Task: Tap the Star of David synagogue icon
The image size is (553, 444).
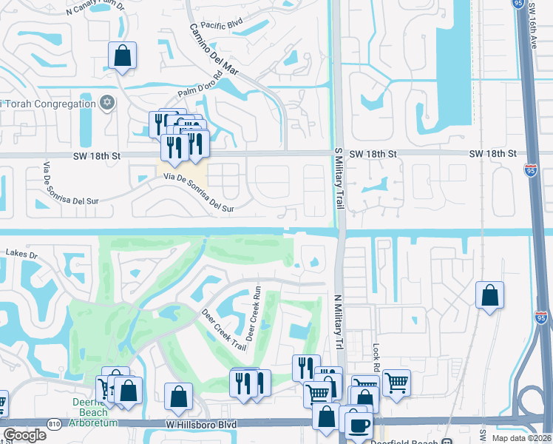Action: click(107, 103)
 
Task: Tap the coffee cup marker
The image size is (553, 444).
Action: click(359, 425)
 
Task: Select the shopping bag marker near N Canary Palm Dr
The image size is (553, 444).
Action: click(122, 56)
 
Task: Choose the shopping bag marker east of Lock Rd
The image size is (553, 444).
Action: click(489, 296)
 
